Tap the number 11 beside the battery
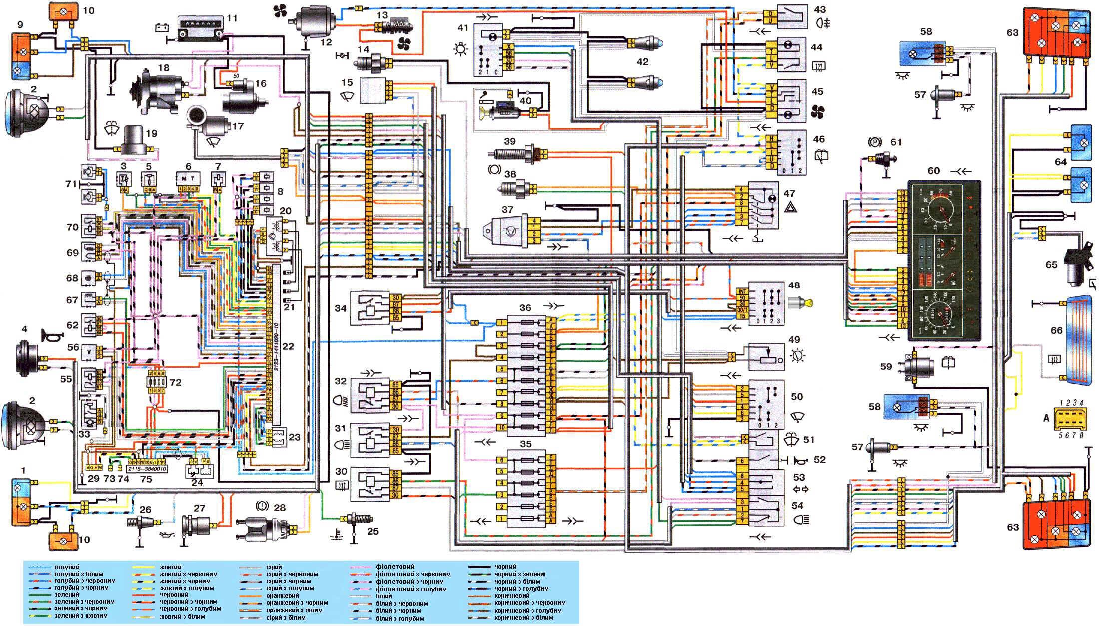click(x=232, y=18)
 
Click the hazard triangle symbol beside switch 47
click(x=790, y=206)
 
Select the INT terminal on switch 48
click(x=742, y=291)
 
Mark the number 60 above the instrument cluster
click(x=933, y=171)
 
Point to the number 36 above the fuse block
click(x=525, y=308)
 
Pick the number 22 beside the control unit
click(x=288, y=346)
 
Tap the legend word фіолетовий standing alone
click(x=395, y=567)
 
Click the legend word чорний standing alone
click(x=505, y=567)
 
